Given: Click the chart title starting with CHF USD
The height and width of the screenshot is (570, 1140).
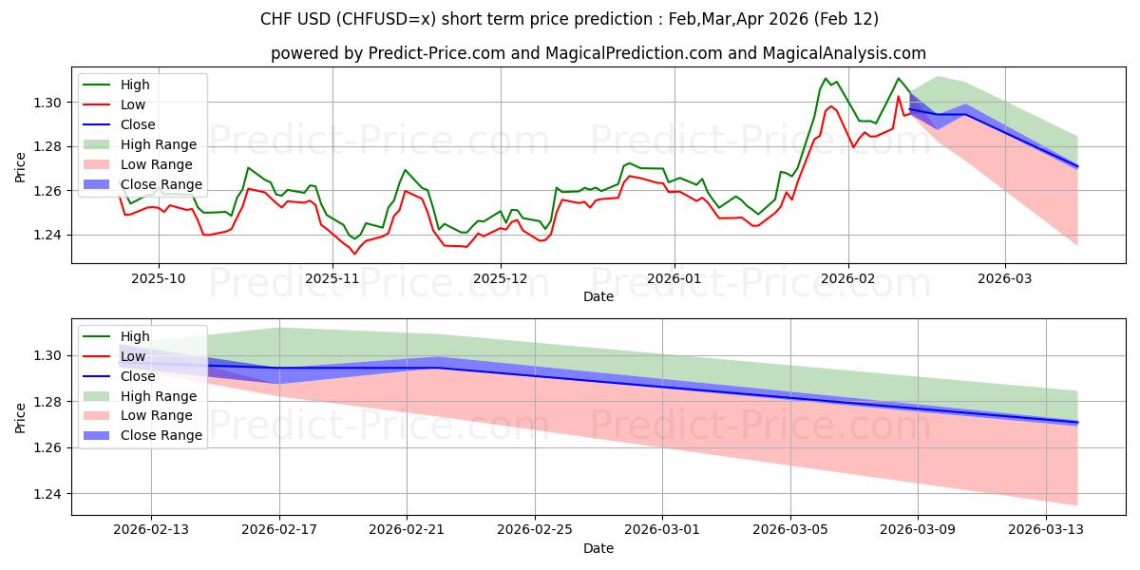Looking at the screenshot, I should pos(569,19).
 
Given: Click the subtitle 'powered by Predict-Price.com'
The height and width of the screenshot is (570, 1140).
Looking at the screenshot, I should pos(598,53).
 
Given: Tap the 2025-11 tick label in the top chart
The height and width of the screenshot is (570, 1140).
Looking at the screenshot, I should pos(332,278).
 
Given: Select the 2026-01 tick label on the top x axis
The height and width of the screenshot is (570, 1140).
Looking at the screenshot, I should pos(674,278).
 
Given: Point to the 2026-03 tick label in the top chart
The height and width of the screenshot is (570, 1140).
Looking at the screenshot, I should pos(1005,278).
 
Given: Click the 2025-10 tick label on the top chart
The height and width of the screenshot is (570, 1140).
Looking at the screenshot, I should pos(158,278).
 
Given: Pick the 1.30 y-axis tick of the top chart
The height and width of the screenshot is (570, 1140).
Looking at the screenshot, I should pos(47,103).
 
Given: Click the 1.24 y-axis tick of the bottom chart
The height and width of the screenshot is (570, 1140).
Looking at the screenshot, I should pos(47,494).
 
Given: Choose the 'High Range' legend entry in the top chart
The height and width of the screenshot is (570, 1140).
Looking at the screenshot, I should pos(158,144).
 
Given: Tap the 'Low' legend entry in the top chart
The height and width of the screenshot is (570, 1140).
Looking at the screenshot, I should pos(133,104).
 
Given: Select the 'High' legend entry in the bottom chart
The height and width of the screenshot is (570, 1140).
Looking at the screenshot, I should pos(135,336).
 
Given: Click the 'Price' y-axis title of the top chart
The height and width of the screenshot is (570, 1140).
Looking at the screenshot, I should pos(21,168).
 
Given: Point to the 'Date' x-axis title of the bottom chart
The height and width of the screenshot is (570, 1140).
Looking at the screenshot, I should pos(598,548).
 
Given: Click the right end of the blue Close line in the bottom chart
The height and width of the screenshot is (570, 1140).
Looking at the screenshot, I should pos(1077,422).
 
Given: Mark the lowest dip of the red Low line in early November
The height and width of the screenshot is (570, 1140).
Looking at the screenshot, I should pos(354,254).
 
